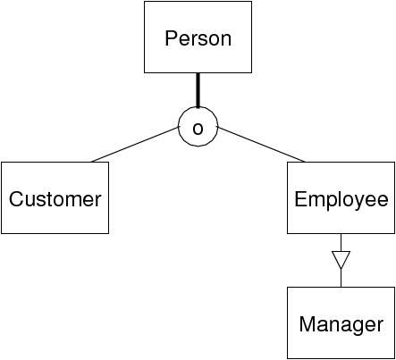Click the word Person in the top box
198,38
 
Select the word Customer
55,199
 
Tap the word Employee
341,200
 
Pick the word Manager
341,325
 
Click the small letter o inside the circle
198,129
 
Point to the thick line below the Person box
198,90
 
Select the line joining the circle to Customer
135,145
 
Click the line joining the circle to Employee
262,145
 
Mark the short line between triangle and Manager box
341,278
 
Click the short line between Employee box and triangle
341,243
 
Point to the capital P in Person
172,38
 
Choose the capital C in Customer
16,199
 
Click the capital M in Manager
308,324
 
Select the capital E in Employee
300,199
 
